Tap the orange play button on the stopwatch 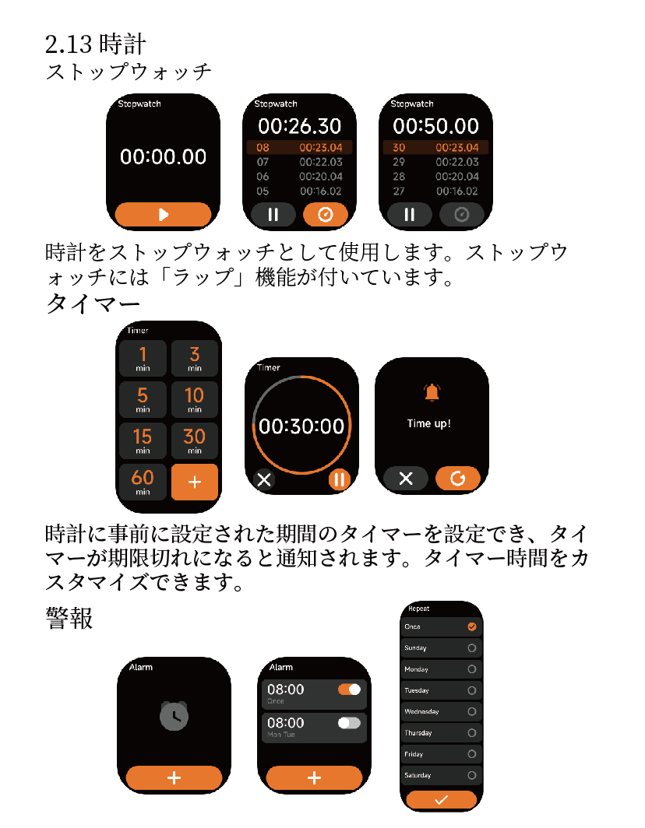pyautogui.click(x=163, y=215)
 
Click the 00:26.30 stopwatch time pyautogui.click(x=300, y=126)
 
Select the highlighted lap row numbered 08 pyautogui.click(x=299, y=148)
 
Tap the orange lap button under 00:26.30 pyautogui.click(x=326, y=215)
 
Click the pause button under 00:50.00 pyautogui.click(x=409, y=215)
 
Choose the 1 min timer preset pyautogui.click(x=143, y=359)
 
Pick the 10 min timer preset pyautogui.click(x=194, y=399)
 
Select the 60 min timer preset pyautogui.click(x=143, y=481)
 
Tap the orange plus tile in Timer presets pyautogui.click(x=194, y=482)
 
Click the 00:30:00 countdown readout pyautogui.click(x=301, y=426)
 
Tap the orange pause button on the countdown pyautogui.click(x=339, y=479)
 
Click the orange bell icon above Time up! pyautogui.click(x=432, y=393)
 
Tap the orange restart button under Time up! pyautogui.click(x=458, y=479)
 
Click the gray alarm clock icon pyautogui.click(x=174, y=715)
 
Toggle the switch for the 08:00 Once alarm pyautogui.click(x=349, y=689)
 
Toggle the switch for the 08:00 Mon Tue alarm pyautogui.click(x=349, y=723)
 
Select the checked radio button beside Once pyautogui.click(x=471, y=626)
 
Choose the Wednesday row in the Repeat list pyautogui.click(x=442, y=711)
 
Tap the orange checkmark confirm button pyautogui.click(x=442, y=799)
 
